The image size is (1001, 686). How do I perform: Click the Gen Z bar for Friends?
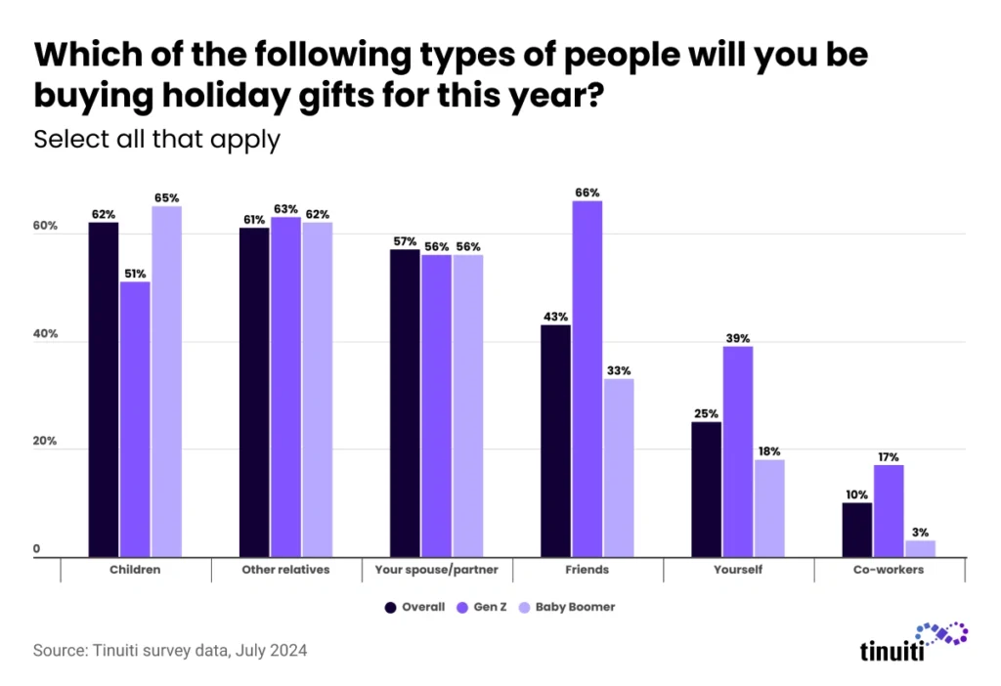pos(587,378)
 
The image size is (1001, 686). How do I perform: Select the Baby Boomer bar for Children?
pos(166,381)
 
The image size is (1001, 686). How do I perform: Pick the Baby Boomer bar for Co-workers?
pos(920,548)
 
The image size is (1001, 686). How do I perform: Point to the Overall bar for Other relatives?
pos(254,392)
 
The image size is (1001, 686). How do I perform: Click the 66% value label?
pos(588,193)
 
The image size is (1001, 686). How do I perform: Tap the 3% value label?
pos(920,533)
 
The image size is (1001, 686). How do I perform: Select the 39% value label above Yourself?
pos(738,338)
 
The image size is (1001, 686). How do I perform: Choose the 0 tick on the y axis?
pos(37,550)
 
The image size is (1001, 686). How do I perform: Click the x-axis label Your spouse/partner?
pos(437,569)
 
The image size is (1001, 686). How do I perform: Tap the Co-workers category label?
pos(890,569)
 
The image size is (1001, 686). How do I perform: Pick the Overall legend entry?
pos(416,607)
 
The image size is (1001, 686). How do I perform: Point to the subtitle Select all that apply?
pos(157,139)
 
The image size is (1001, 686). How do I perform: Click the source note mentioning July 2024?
pos(170,650)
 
